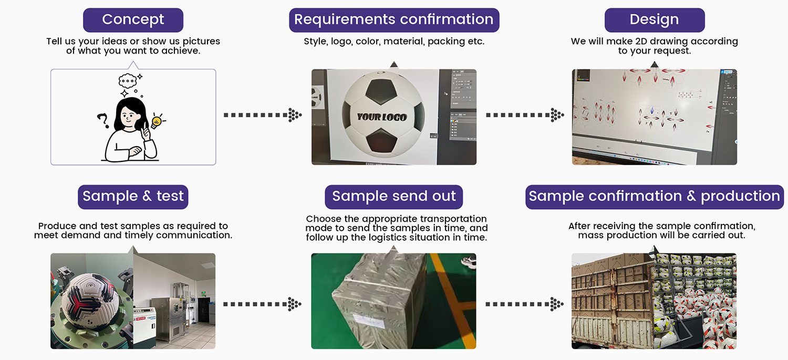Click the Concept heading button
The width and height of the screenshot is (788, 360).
coord(133,20)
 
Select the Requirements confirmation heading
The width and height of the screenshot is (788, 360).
coord(394,20)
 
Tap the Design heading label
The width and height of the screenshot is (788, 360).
coord(654,20)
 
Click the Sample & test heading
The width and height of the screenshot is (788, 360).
coord(133,197)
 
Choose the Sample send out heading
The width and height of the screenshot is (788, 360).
coord(394,197)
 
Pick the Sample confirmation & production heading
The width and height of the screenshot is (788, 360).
coord(654,197)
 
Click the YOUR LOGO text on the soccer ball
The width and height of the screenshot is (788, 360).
coord(382,117)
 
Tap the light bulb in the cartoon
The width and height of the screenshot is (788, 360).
coord(156,122)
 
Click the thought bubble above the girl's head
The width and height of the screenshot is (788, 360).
coord(128,80)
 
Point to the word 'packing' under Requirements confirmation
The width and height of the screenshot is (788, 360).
coord(446,42)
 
